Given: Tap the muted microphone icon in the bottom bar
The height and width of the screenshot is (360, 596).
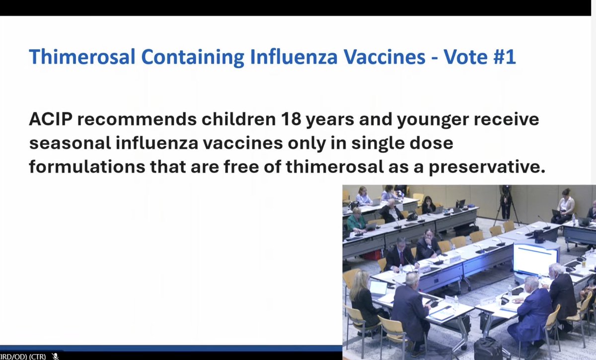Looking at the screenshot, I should point(56,356).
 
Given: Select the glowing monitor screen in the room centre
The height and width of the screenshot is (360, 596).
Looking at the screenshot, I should point(535,259).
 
